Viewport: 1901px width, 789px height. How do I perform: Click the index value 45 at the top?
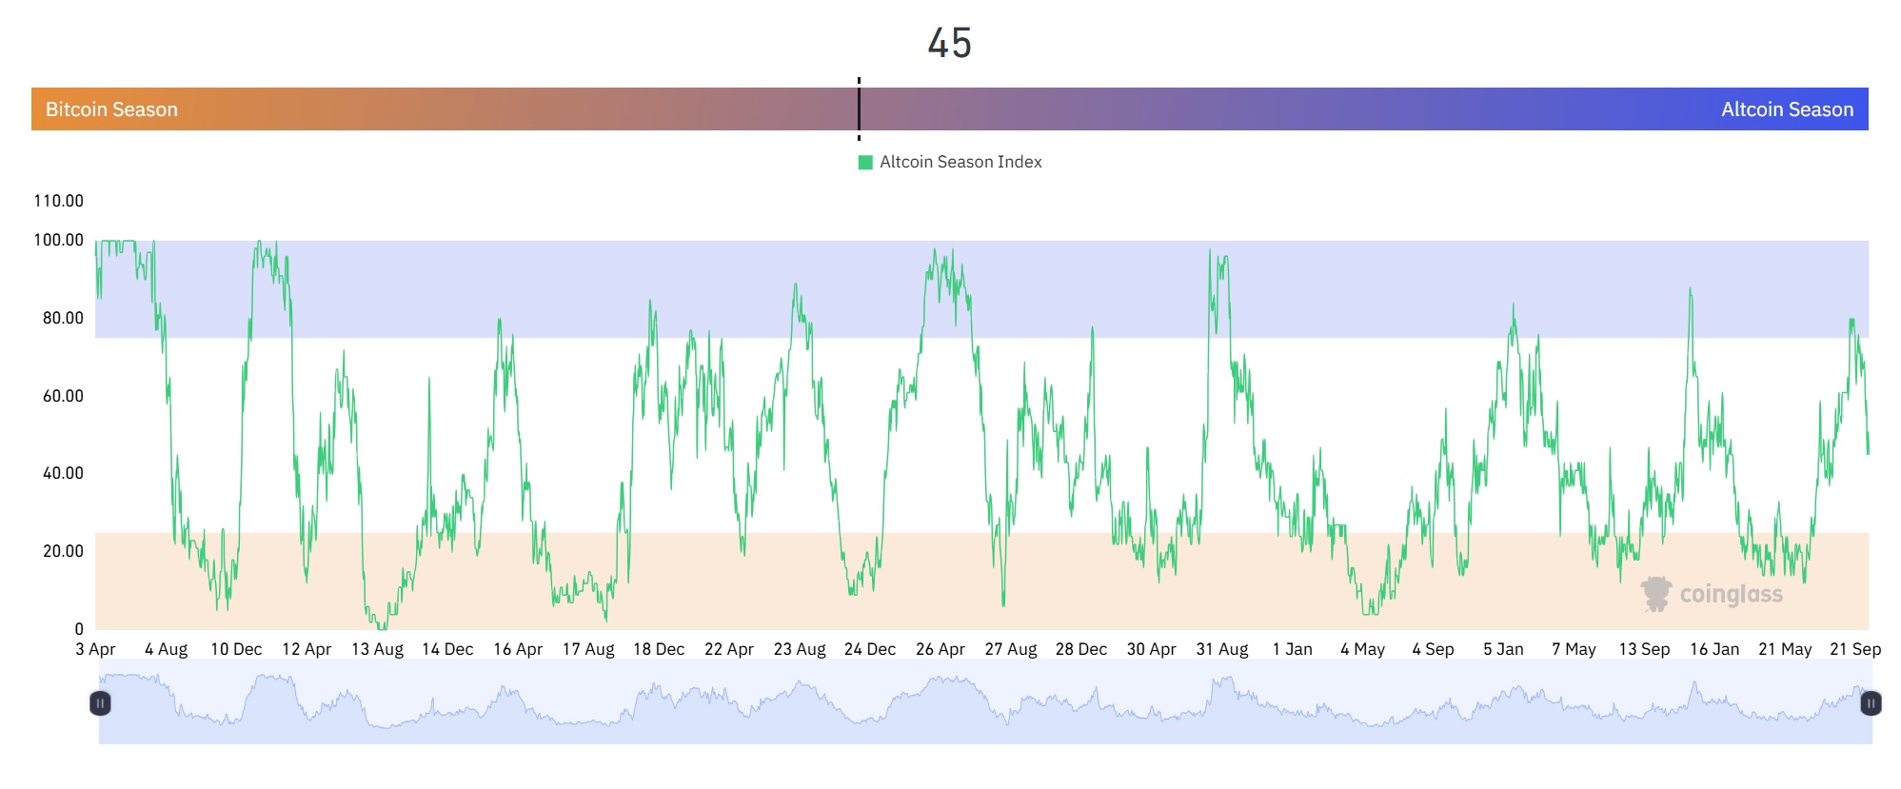[x=949, y=44]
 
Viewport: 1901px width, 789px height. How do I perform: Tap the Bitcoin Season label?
[x=111, y=109]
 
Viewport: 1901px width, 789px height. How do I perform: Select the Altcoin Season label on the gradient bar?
[x=1787, y=109]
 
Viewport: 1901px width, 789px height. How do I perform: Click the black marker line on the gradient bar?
[x=859, y=108]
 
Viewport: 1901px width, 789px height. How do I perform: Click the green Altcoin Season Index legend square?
[x=865, y=163]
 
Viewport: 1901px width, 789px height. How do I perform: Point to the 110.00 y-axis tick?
[x=58, y=201]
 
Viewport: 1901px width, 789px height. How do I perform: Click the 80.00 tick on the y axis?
[x=63, y=318]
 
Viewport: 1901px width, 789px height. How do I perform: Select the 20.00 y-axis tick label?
[x=63, y=551]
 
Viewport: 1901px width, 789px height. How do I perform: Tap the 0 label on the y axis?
[x=79, y=629]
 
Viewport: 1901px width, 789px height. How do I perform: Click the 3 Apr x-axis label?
[x=95, y=649]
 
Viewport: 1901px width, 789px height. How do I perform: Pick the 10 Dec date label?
[x=236, y=649]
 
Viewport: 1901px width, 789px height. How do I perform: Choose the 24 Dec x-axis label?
[x=869, y=649]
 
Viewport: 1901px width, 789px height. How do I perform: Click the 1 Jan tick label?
[x=1292, y=649]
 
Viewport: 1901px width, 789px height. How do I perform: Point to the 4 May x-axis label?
[x=1362, y=649]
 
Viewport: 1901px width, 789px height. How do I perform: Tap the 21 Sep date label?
[x=1855, y=649]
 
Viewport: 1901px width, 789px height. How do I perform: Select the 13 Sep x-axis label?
[x=1644, y=649]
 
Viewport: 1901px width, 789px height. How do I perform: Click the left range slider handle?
[x=100, y=703]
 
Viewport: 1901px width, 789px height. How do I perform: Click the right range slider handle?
[x=1871, y=703]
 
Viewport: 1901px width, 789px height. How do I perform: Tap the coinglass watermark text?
[x=1731, y=595]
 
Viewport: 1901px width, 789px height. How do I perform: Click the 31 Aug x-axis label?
[x=1221, y=649]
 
